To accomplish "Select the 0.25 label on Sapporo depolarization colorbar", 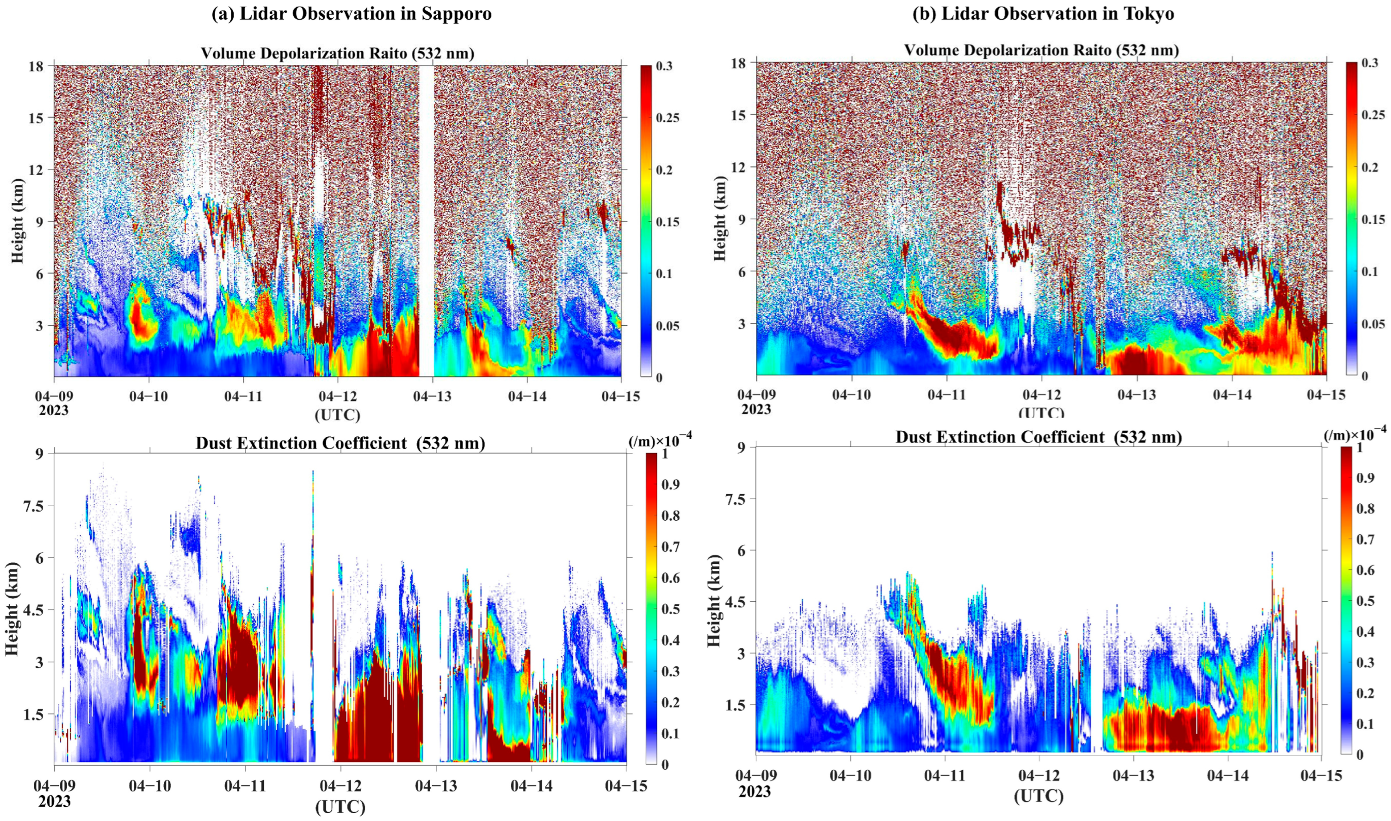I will [668, 118].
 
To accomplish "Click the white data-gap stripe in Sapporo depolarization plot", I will [426, 221].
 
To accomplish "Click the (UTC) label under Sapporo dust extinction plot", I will [340, 807].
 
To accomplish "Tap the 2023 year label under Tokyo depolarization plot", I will [756, 409].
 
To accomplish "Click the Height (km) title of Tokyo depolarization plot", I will [718, 219].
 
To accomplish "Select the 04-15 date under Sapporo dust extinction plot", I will [626, 785].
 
